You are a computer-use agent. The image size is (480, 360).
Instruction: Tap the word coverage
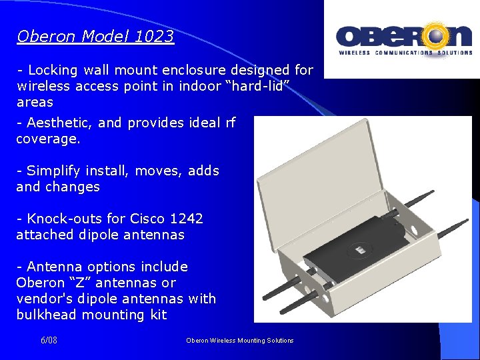click(x=47, y=139)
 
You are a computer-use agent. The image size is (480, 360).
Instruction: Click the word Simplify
click(x=55, y=171)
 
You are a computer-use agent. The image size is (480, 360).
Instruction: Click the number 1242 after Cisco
click(x=187, y=219)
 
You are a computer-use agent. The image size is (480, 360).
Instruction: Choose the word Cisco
click(x=149, y=219)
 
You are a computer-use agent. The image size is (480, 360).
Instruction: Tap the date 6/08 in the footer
click(x=49, y=341)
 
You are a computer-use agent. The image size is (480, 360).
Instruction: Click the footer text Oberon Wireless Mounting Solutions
click(x=240, y=341)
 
